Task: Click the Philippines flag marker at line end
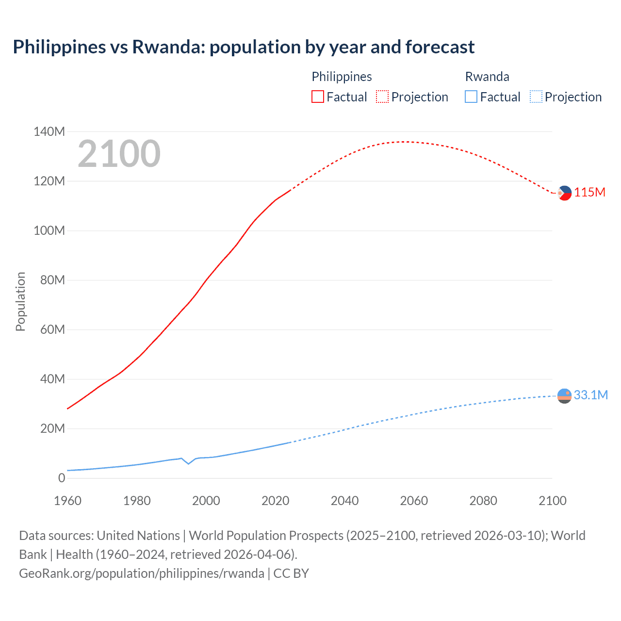564,193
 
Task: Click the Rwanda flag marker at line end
564,396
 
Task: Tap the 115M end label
589,193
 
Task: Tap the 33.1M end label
590,395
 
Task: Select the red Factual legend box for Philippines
317,97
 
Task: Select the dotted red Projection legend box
382,97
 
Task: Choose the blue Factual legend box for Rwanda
471,97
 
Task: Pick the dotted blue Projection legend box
536,97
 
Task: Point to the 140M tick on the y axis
49,131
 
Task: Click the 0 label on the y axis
61,478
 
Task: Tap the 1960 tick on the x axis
67,501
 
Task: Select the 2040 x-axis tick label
344,501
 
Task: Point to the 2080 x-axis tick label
483,501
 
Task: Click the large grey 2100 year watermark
119,154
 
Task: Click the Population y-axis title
20,302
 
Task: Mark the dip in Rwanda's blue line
189,464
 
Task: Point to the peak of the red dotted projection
406,142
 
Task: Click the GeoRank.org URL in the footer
142,573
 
